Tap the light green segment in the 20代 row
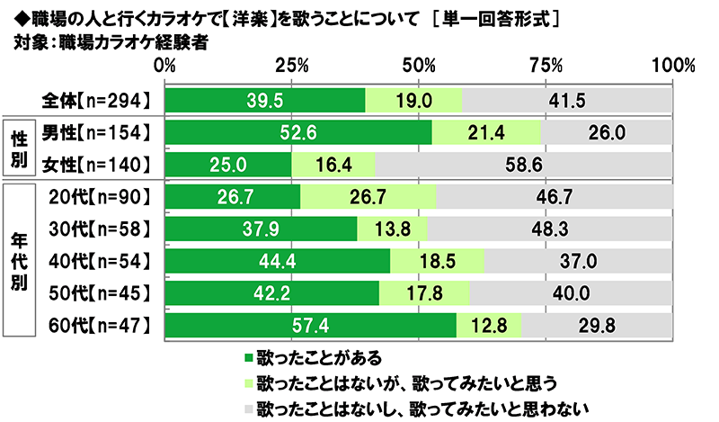368,197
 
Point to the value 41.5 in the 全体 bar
566,100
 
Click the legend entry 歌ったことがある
305,357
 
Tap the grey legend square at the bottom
248,409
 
